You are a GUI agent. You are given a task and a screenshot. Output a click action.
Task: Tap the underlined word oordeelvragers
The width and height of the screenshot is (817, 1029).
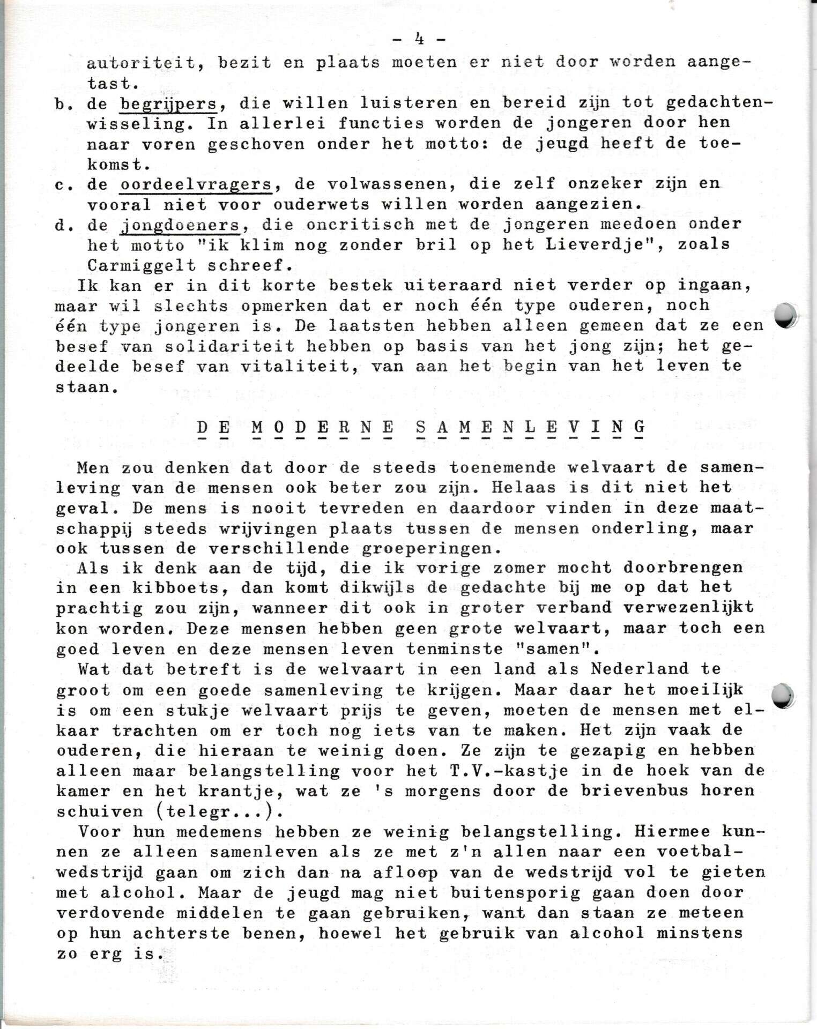point(196,184)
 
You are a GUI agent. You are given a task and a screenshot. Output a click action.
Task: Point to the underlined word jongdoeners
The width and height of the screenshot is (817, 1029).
point(180,225)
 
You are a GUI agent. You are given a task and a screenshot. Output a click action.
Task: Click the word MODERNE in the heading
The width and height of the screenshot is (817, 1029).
point(323,427)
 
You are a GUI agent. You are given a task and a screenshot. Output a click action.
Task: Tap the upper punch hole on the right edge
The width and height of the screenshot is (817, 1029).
point(786,315)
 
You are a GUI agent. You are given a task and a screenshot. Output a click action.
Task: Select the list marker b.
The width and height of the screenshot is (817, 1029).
point(63,103)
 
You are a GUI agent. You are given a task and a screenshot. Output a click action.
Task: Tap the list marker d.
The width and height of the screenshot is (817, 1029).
point(63,225)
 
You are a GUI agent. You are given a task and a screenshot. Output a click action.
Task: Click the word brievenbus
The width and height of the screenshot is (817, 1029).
point(633,791)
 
